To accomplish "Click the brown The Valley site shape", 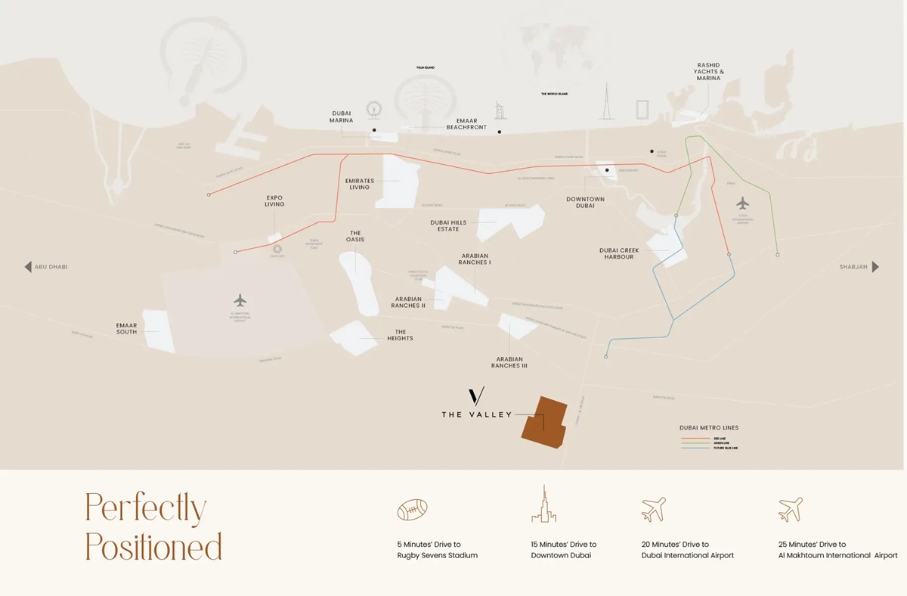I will point(544,422).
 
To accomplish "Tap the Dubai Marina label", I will point(341,116).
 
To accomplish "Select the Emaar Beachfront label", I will point(466,124).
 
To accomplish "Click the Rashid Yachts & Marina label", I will point(708,72).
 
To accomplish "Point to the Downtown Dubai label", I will point(585,202).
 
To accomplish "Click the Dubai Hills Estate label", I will point(448,225).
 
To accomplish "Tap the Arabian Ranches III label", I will point(509,362).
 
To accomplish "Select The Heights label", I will point(400,335).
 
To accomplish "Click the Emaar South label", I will point(126,328).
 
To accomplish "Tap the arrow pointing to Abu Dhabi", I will point(28,267).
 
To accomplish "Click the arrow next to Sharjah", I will point(875,267).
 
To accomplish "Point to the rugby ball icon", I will point(413,510).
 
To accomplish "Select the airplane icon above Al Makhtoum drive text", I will point(791,510).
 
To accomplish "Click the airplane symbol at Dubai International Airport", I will point(742,203).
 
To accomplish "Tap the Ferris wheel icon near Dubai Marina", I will point(373,110).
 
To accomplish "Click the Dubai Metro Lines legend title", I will point(708,428).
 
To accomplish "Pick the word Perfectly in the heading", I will point(145,508).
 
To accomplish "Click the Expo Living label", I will point(274,200).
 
